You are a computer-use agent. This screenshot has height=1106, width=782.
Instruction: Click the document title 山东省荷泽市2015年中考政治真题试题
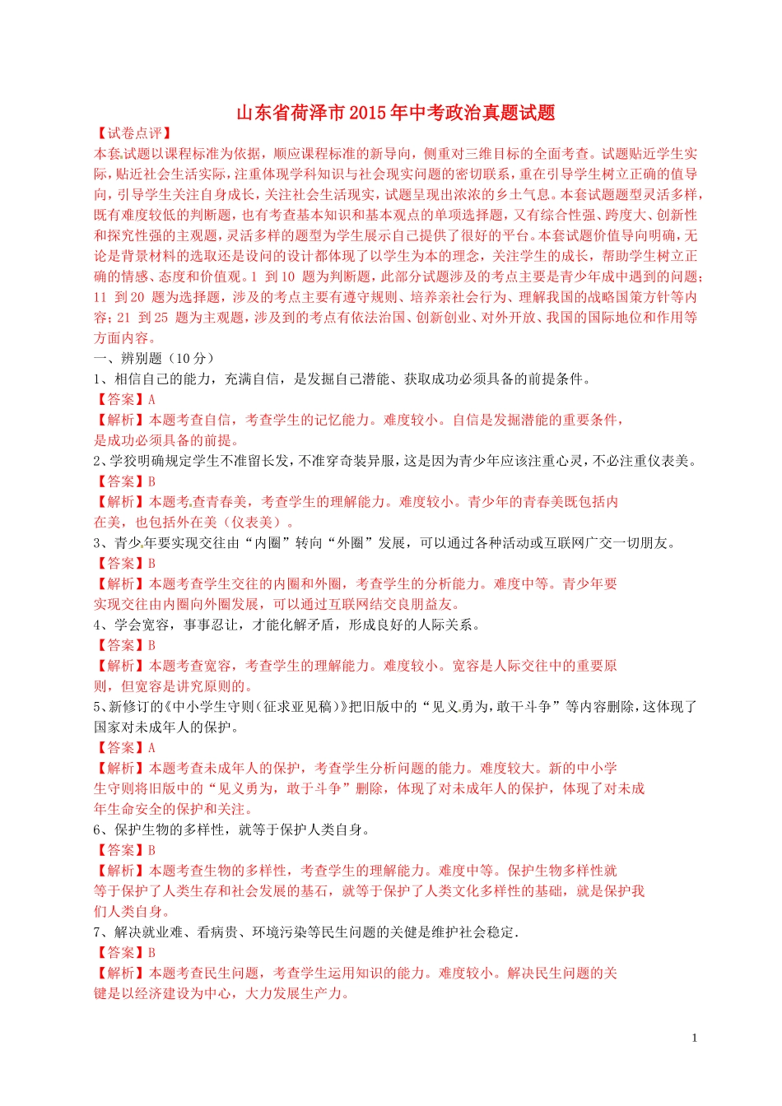coord(395,113)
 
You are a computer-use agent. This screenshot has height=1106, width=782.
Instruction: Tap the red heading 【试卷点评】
coord(133,133)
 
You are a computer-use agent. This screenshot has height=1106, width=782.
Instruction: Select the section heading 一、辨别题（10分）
coord(155,358)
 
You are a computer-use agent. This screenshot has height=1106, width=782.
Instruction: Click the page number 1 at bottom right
coord(694,1038)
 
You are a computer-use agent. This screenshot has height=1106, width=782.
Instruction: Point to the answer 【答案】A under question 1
coord(124,399)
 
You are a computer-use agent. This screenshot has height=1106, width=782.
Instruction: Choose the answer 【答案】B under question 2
coord(124,481)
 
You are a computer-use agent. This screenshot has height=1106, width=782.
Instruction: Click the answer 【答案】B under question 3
coord(124,563)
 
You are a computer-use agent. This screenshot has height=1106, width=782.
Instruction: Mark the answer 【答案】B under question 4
coord(124,645)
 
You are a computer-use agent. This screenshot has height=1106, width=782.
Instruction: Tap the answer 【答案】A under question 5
coord(124,747)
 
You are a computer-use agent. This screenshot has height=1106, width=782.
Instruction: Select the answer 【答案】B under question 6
coord(124,850)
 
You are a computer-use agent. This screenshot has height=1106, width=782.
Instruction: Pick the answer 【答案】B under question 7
coord(124,952)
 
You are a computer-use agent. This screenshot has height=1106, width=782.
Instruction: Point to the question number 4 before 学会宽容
coord(97,625)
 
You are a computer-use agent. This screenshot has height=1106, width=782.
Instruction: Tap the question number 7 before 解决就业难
coord(97,932)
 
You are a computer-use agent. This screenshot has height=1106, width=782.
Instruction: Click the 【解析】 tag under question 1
coord(120,420)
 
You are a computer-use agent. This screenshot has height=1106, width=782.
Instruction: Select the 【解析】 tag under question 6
coord(120,871)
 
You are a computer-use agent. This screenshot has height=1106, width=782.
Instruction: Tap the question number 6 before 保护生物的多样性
coord(97,829)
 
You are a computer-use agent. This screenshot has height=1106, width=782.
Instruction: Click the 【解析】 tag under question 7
coord(120,973)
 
